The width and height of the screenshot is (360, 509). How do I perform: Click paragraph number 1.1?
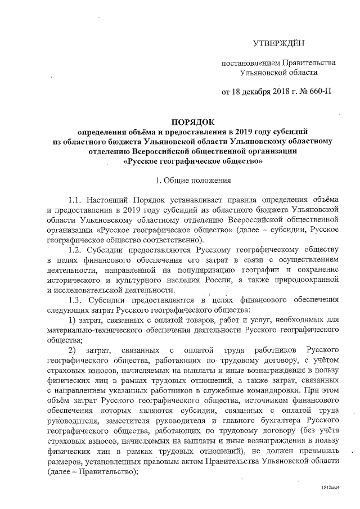pos(76,201)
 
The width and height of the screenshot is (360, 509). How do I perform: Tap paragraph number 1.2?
pos(76,249)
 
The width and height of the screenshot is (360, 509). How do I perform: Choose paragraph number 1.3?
pos(76,299)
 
